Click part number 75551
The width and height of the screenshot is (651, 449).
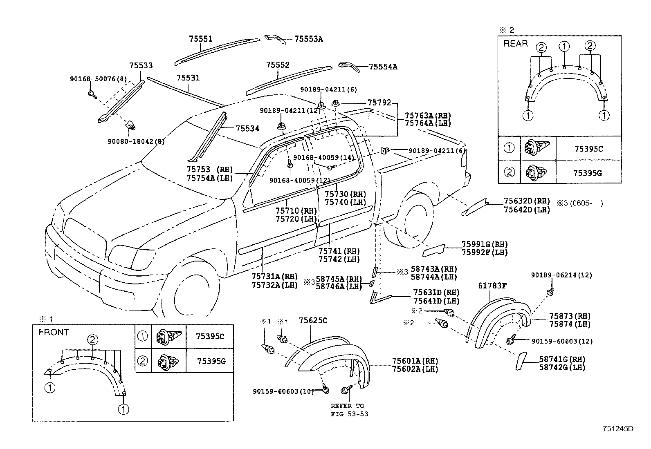point(200,39)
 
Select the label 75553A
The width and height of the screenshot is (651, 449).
point(309,39)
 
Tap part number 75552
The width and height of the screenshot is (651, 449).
point(278,65)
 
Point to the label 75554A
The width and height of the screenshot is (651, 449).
point(383,67)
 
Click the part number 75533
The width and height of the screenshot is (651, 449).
point(141,66)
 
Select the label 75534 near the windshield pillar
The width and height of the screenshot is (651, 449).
point(247,128)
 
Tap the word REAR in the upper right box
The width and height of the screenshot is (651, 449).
point(516,43)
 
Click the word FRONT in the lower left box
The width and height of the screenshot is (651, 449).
point(54,332)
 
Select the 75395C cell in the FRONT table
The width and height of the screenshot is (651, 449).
point(210,336)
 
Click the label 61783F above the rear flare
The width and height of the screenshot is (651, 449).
point(492,286)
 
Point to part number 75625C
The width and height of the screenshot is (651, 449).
point(313,321)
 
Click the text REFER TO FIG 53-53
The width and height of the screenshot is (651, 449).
point(348,410)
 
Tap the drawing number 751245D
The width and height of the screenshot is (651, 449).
point(618,429)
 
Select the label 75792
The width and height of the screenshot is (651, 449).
point(379,103)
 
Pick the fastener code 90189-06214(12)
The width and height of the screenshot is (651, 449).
point(561,275)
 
